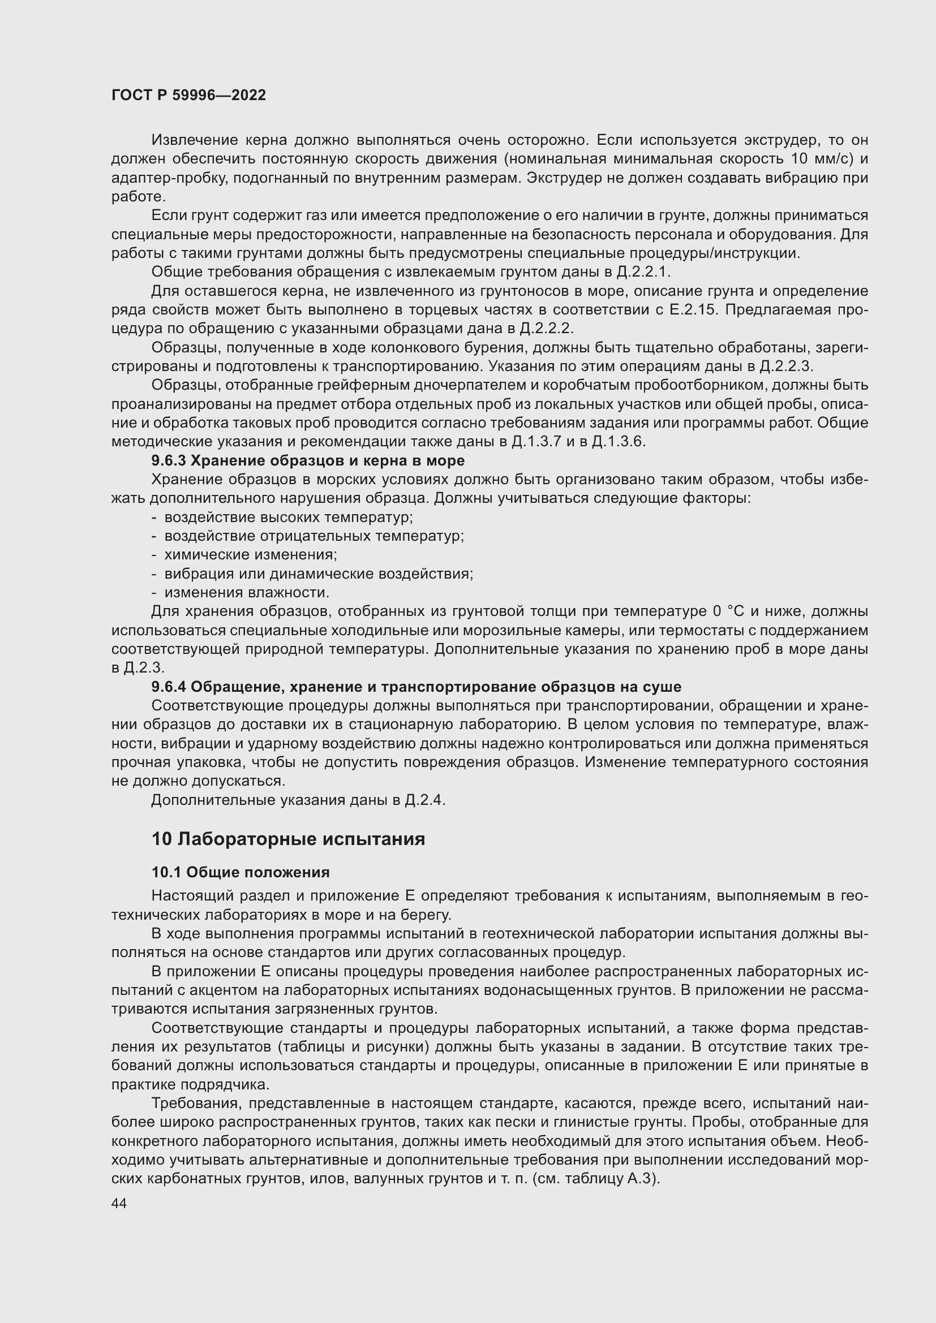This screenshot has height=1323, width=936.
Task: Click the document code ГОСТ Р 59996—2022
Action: tap(188, 96)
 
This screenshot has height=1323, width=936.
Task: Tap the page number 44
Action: tap(119, 1204)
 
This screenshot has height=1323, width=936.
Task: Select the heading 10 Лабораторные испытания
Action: tap(288, 839)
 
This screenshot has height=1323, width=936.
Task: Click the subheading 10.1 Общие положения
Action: tap(241, 872)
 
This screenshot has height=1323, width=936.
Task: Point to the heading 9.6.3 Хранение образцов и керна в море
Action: tap(308, 460)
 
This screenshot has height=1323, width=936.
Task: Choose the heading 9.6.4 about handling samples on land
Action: tap(416, 687)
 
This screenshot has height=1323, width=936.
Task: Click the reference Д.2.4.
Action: tap(426, 800)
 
